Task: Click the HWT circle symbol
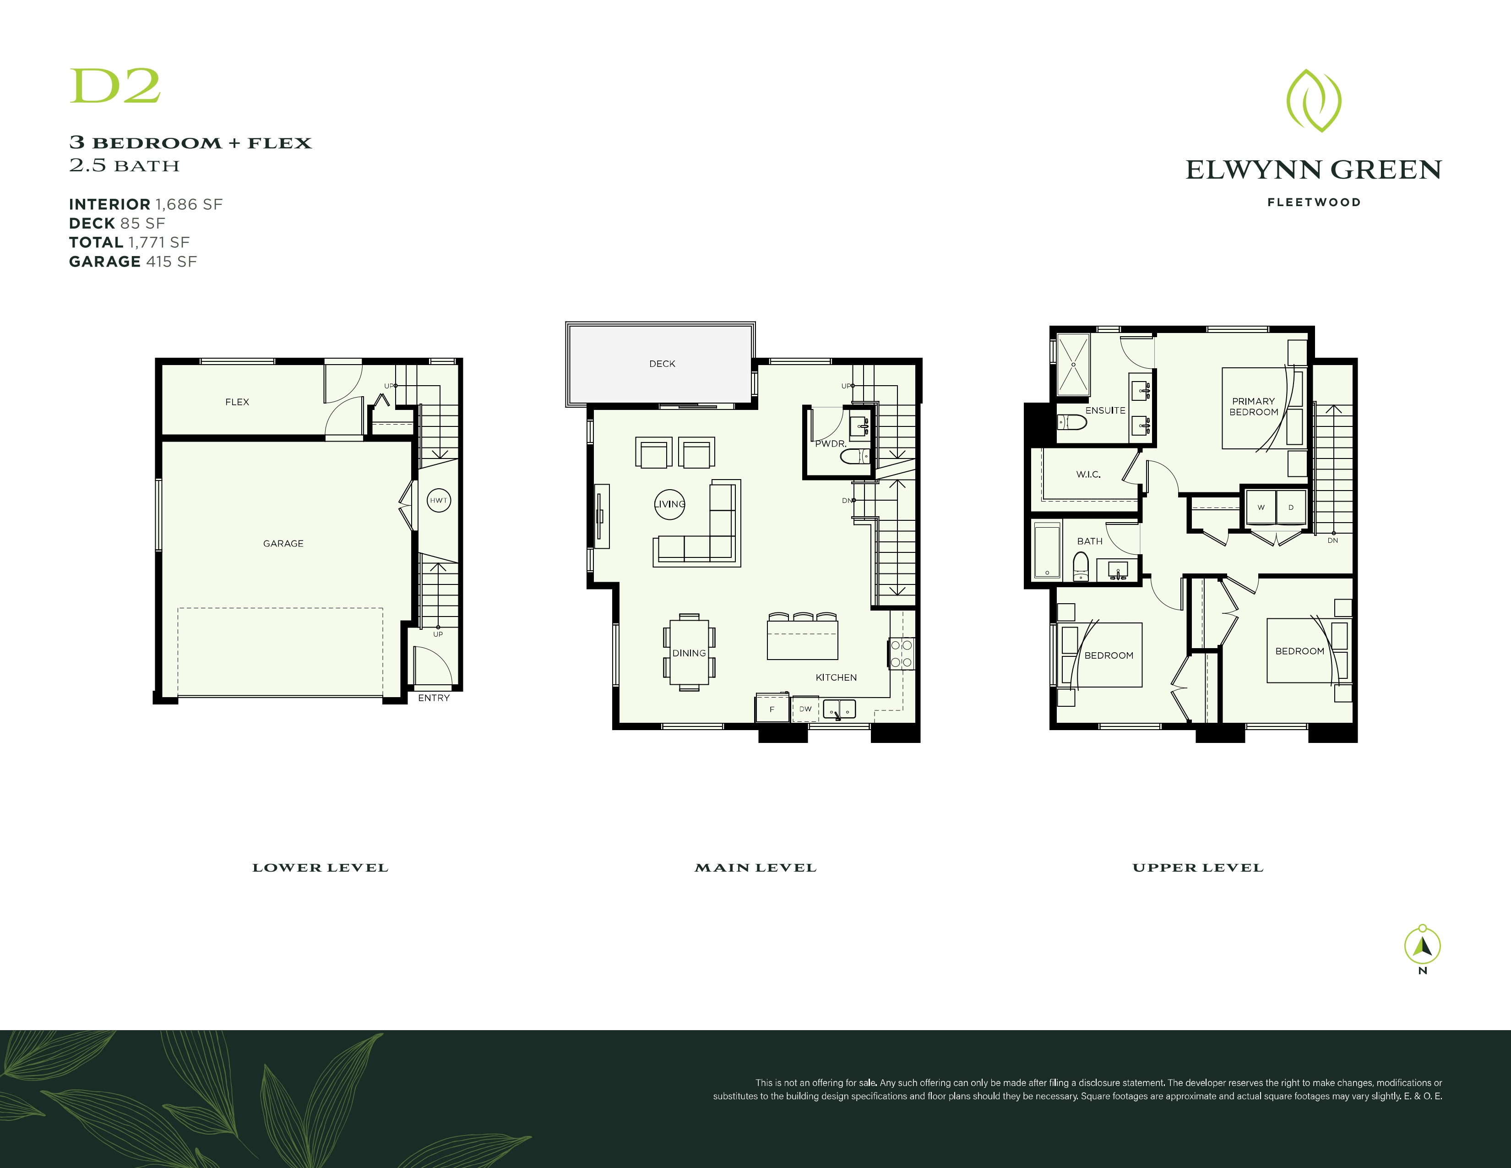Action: point(439,500)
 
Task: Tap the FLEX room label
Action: point(237,402)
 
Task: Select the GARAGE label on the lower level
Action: point(283,544)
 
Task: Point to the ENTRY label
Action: point(434,698)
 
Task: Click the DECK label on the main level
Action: point(662,364)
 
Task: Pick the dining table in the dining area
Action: point(689,653)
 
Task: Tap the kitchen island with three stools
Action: point(803,639)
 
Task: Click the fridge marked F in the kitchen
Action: point(772,709)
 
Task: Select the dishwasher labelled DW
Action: point(805,709)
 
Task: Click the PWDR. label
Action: point(830,443)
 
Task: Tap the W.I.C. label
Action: point(1088,475)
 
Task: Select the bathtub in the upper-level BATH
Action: point(1047,551)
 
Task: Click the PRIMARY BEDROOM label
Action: point(1254,407)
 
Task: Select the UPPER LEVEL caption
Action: point(1198,868)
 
